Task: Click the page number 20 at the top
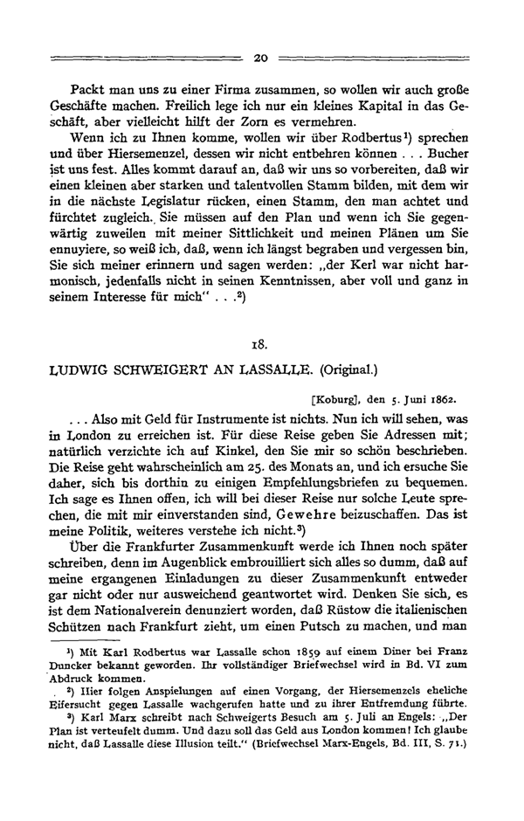pos(259,59)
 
